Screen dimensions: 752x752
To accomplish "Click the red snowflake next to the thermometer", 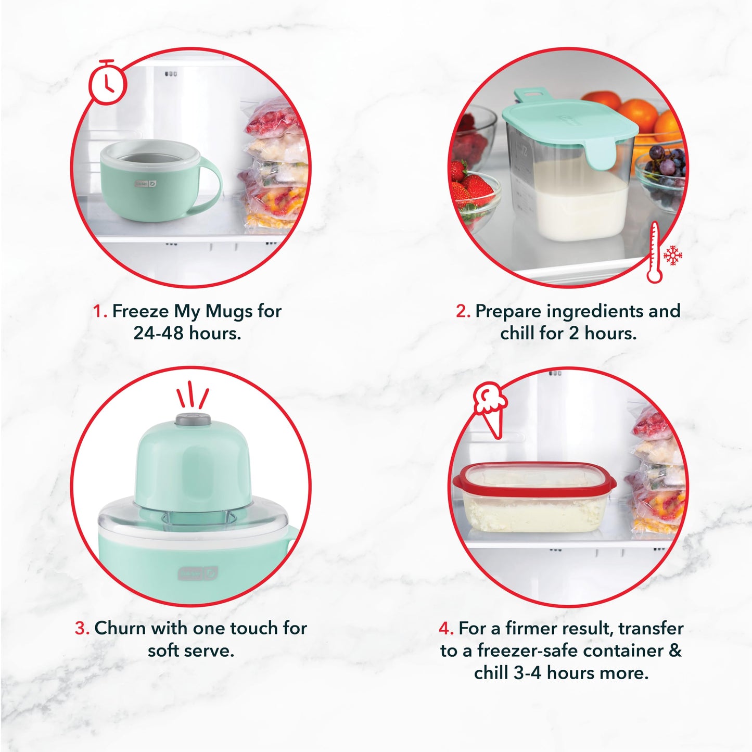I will (673, 255).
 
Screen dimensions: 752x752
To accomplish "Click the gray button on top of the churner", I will (193, 419).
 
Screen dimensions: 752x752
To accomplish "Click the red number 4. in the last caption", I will (446, 628).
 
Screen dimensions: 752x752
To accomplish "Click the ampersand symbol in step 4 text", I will (675, 651).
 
